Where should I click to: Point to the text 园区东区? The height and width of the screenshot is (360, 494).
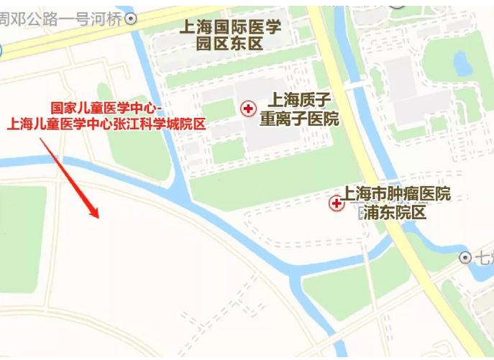(229, 45)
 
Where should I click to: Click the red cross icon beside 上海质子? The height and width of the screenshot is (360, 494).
(248, 109)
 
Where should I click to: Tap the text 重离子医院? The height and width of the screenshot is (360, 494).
(298, 119)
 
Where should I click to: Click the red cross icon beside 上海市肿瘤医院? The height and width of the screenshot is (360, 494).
(336, 204)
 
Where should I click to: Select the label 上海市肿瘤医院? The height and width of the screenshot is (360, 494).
(396, 194)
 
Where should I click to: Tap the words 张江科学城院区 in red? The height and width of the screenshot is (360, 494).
(163, 124)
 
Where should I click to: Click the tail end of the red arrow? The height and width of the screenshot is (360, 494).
(40, 138)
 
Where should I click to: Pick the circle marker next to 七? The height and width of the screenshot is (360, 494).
(465, 257)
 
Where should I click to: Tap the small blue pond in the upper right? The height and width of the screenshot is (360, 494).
(461, 63)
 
